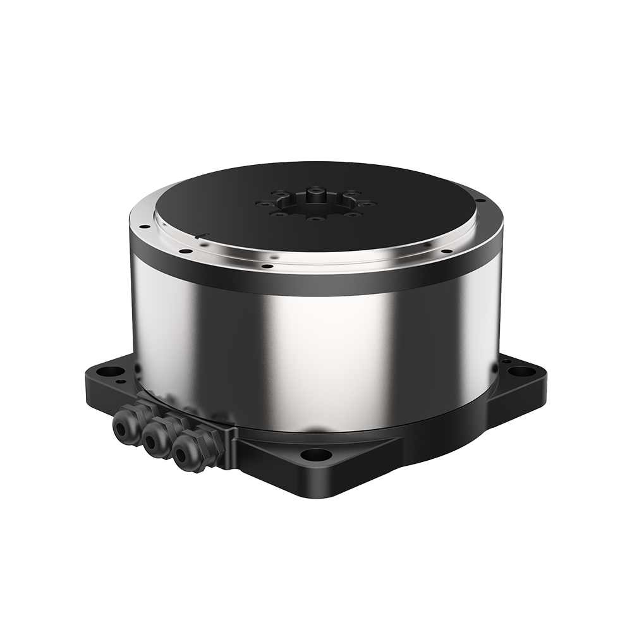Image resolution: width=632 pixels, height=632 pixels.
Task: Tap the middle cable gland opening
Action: pos(152,439)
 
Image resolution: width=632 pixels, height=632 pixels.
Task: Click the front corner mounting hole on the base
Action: pos(315,454)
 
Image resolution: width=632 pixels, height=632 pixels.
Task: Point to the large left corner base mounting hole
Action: pos(112,371)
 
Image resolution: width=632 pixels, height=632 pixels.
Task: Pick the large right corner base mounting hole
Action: pos(521,371)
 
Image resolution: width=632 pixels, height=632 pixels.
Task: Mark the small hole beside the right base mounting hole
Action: pos(506,361)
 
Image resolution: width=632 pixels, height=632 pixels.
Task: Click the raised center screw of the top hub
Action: pos(316,191)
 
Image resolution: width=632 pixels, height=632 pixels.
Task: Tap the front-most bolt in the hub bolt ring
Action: pos(316,219)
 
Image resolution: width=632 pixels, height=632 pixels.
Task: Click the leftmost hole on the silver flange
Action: pos(144,226)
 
